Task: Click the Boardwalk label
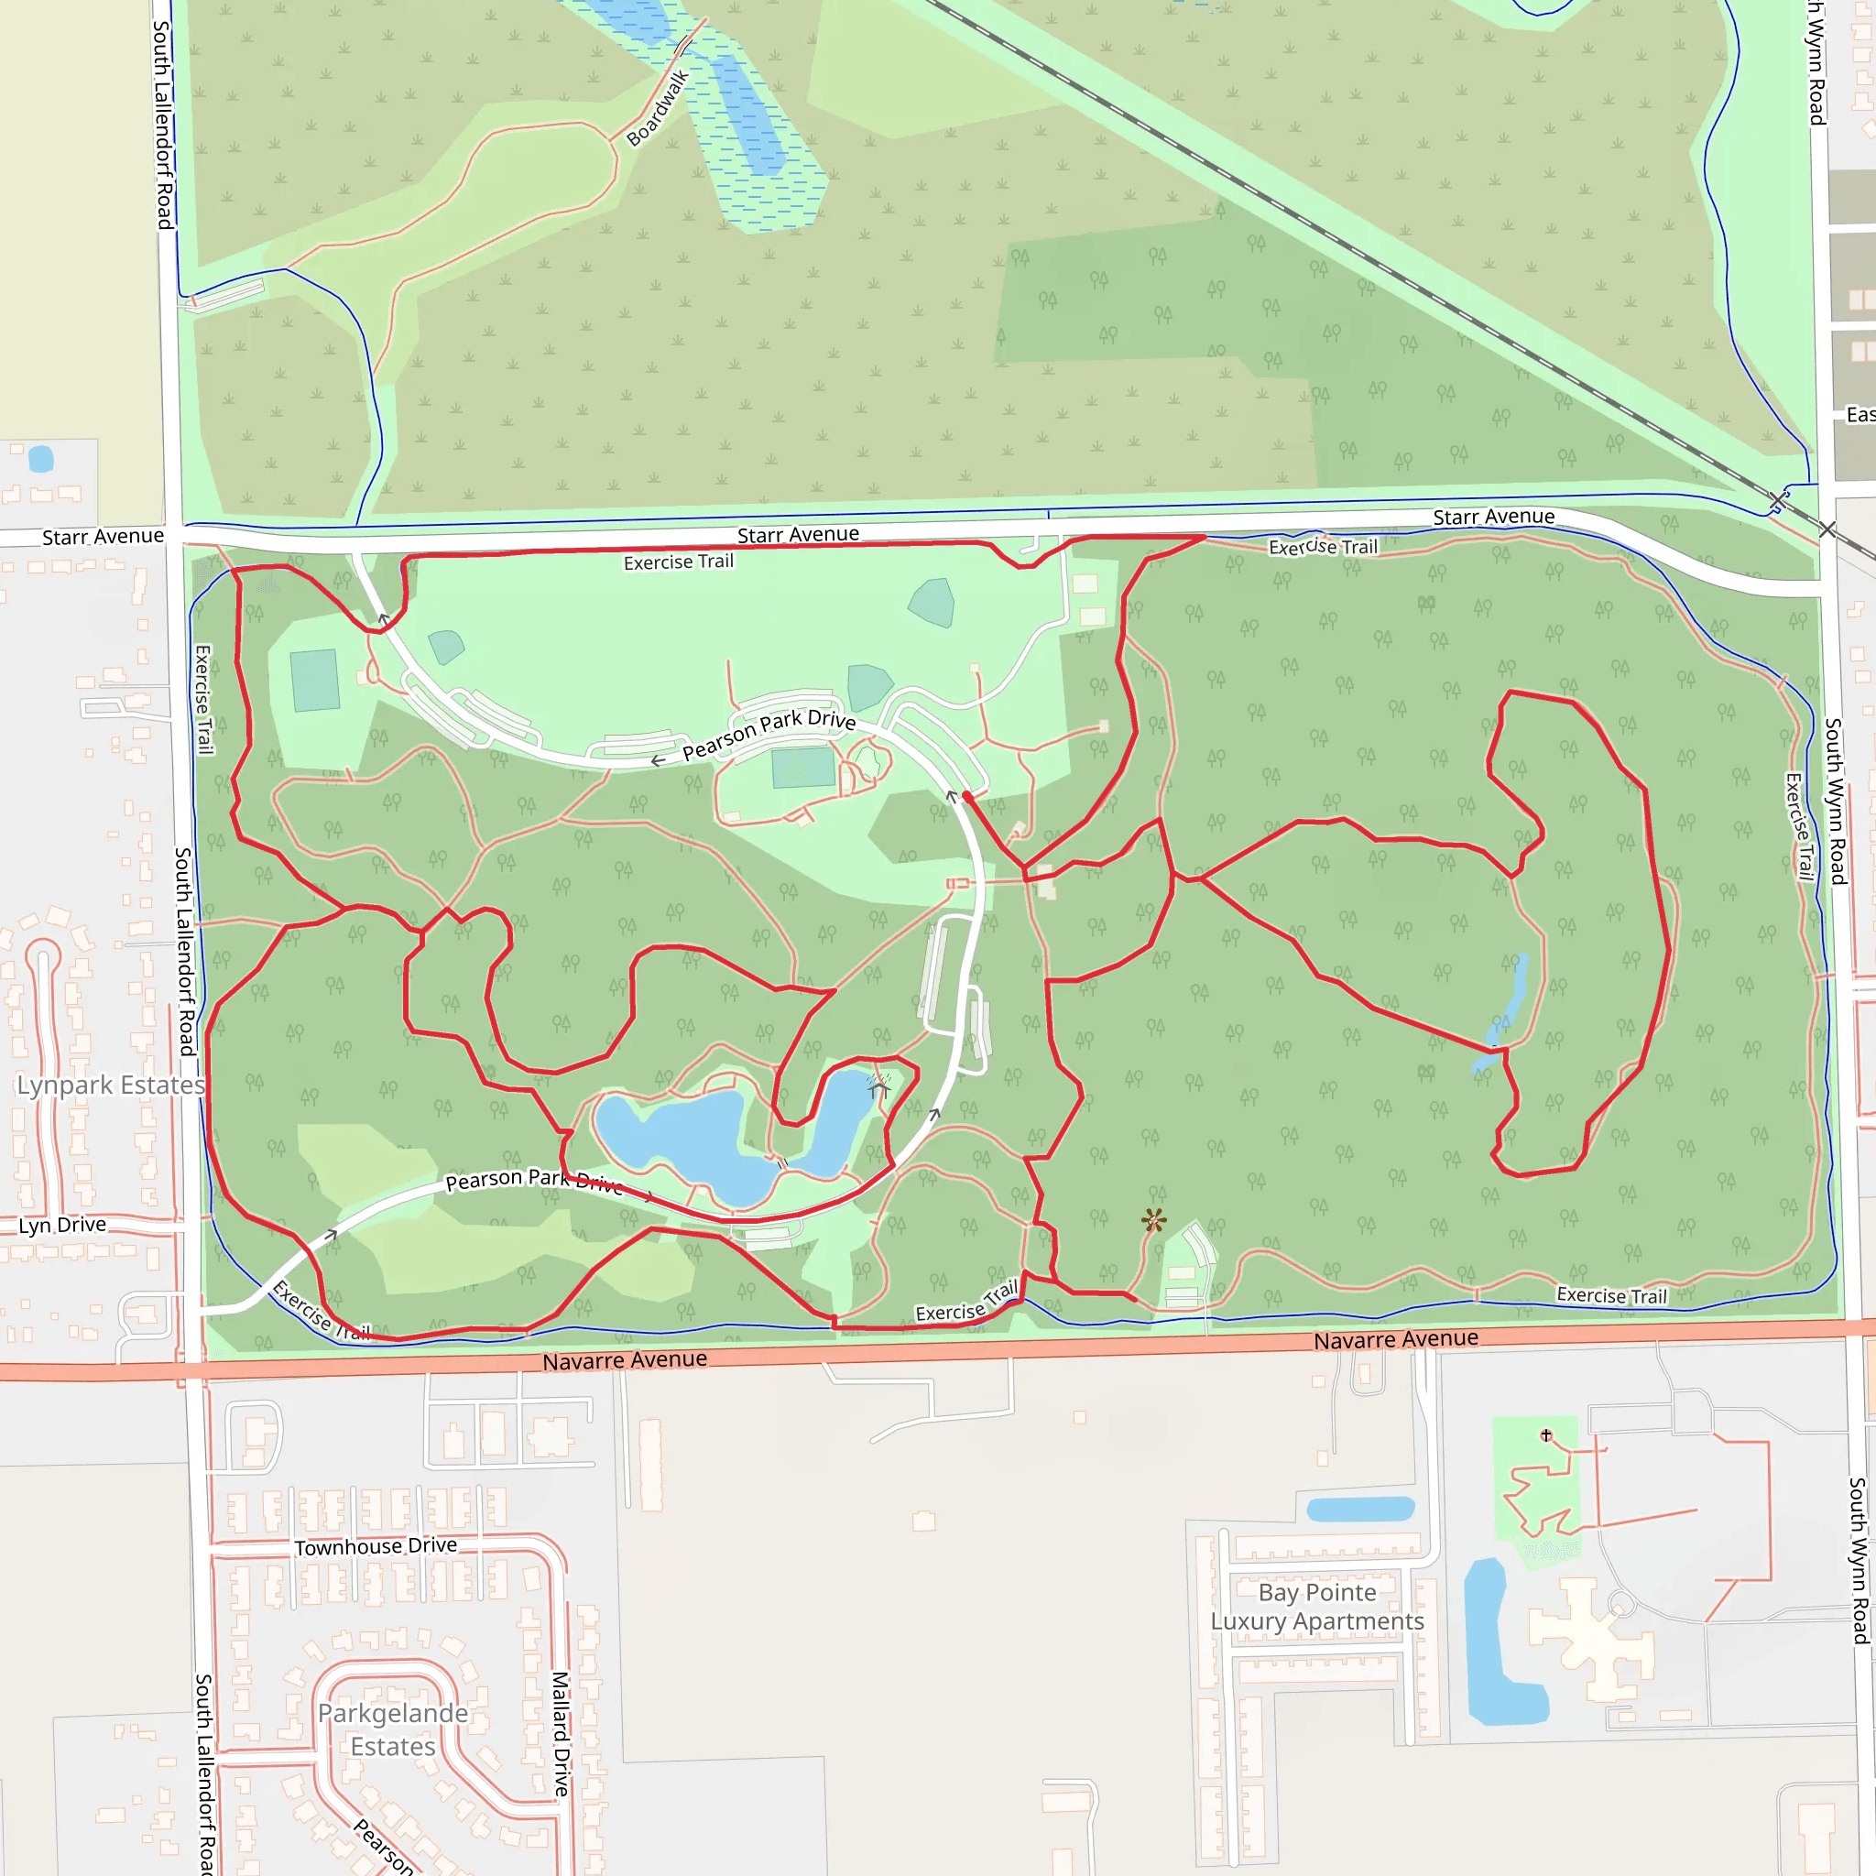click(x=658, y=108)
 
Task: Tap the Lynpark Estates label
click(x=111, y=1085)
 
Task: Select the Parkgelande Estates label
click(x=392, y=1729)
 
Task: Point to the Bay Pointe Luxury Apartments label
click(x=1316, y=1607)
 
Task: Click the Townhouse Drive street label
click(x=375, y=1546)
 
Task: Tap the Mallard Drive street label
click(x=562, y=1733)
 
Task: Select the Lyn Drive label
click(x=62, y=1225)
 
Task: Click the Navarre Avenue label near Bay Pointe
click(x=1395, y=1339)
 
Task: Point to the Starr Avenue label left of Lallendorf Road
click(x=103, y=536)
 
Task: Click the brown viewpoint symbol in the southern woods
click(x=1153, y=1220)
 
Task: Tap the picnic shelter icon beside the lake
click(x=879, y=1087)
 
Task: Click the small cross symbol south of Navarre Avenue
click(x=1546, y=1434)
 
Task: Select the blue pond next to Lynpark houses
click(x=41, y=458)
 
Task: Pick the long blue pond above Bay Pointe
click(x=1360, y=1509)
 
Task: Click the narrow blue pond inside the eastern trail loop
click(x=1509, y=1009)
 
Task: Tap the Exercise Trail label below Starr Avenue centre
click(x=678, y=562)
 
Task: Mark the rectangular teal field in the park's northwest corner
click(x=314, y=680)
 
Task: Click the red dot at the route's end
click(x=966, y=795)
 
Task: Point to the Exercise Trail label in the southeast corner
click(x=1611, y=1295)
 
